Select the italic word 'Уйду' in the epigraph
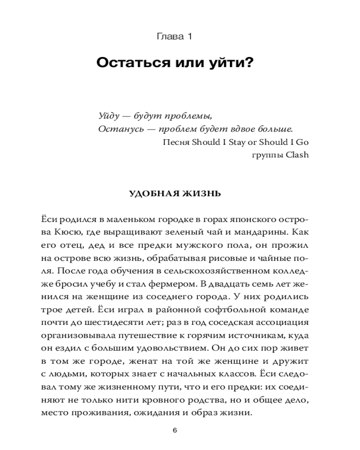coord(108,116)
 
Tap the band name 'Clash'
coord(300,155)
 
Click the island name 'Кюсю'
coord(68,233)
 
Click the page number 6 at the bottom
coord(175,430)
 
